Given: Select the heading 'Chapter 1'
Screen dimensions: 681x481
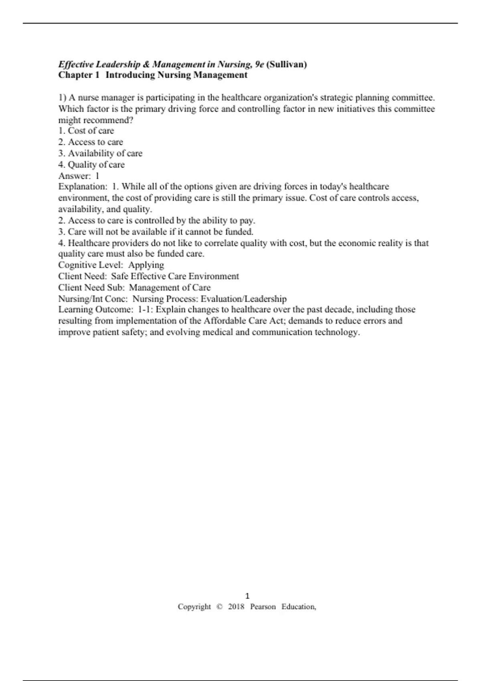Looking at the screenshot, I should [x=79, y=75].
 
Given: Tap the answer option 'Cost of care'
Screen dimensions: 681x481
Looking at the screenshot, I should [x=91, y=131].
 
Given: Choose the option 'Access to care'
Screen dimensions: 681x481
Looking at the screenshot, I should [x=95, y=142].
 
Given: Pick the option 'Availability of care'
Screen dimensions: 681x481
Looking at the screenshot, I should [x=105, y=153].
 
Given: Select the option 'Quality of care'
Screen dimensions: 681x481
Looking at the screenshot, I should [x=96, y=165].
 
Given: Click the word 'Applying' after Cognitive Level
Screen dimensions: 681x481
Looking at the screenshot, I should [x=146, y=265].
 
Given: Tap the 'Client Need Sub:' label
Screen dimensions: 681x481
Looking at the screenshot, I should [x=91, y=288].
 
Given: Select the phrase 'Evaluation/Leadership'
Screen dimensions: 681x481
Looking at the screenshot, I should [x=244, y=299].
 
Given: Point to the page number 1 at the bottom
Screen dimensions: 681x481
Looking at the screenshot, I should [x=247, y=596].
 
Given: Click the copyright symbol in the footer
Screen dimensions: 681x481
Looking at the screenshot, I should [x=219, y=606].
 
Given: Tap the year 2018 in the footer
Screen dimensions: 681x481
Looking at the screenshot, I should [x=236, y=606].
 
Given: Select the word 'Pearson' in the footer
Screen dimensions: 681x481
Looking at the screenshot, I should [x=263, y=606].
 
